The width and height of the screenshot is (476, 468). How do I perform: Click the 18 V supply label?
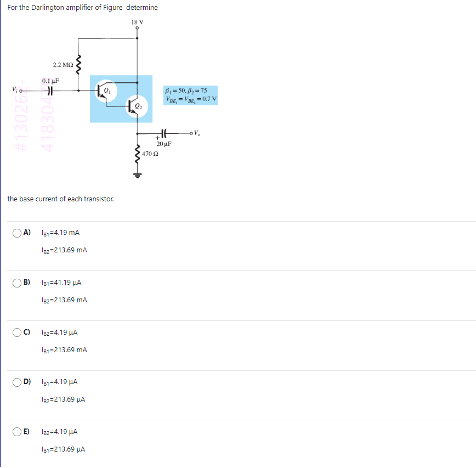(x=137, y=22)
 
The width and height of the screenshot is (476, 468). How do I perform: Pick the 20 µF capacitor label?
(x=164, y=144)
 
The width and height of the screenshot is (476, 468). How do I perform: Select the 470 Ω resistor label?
(x=150, y=154)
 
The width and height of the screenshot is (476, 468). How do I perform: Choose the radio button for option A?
(x=18, y=233)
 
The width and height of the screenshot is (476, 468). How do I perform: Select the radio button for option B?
(x=18, y=283)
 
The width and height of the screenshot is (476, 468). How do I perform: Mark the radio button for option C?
(x=18, y=332)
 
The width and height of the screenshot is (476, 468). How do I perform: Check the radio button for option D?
(x=18, y=382)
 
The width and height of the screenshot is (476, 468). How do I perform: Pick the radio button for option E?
(x=18, y=432)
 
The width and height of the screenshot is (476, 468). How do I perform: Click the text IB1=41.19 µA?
(x=61, y=283)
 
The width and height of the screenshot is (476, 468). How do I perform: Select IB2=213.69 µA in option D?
(x=63, y=399)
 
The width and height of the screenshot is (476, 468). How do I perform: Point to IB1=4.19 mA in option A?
(x=60, y=233)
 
